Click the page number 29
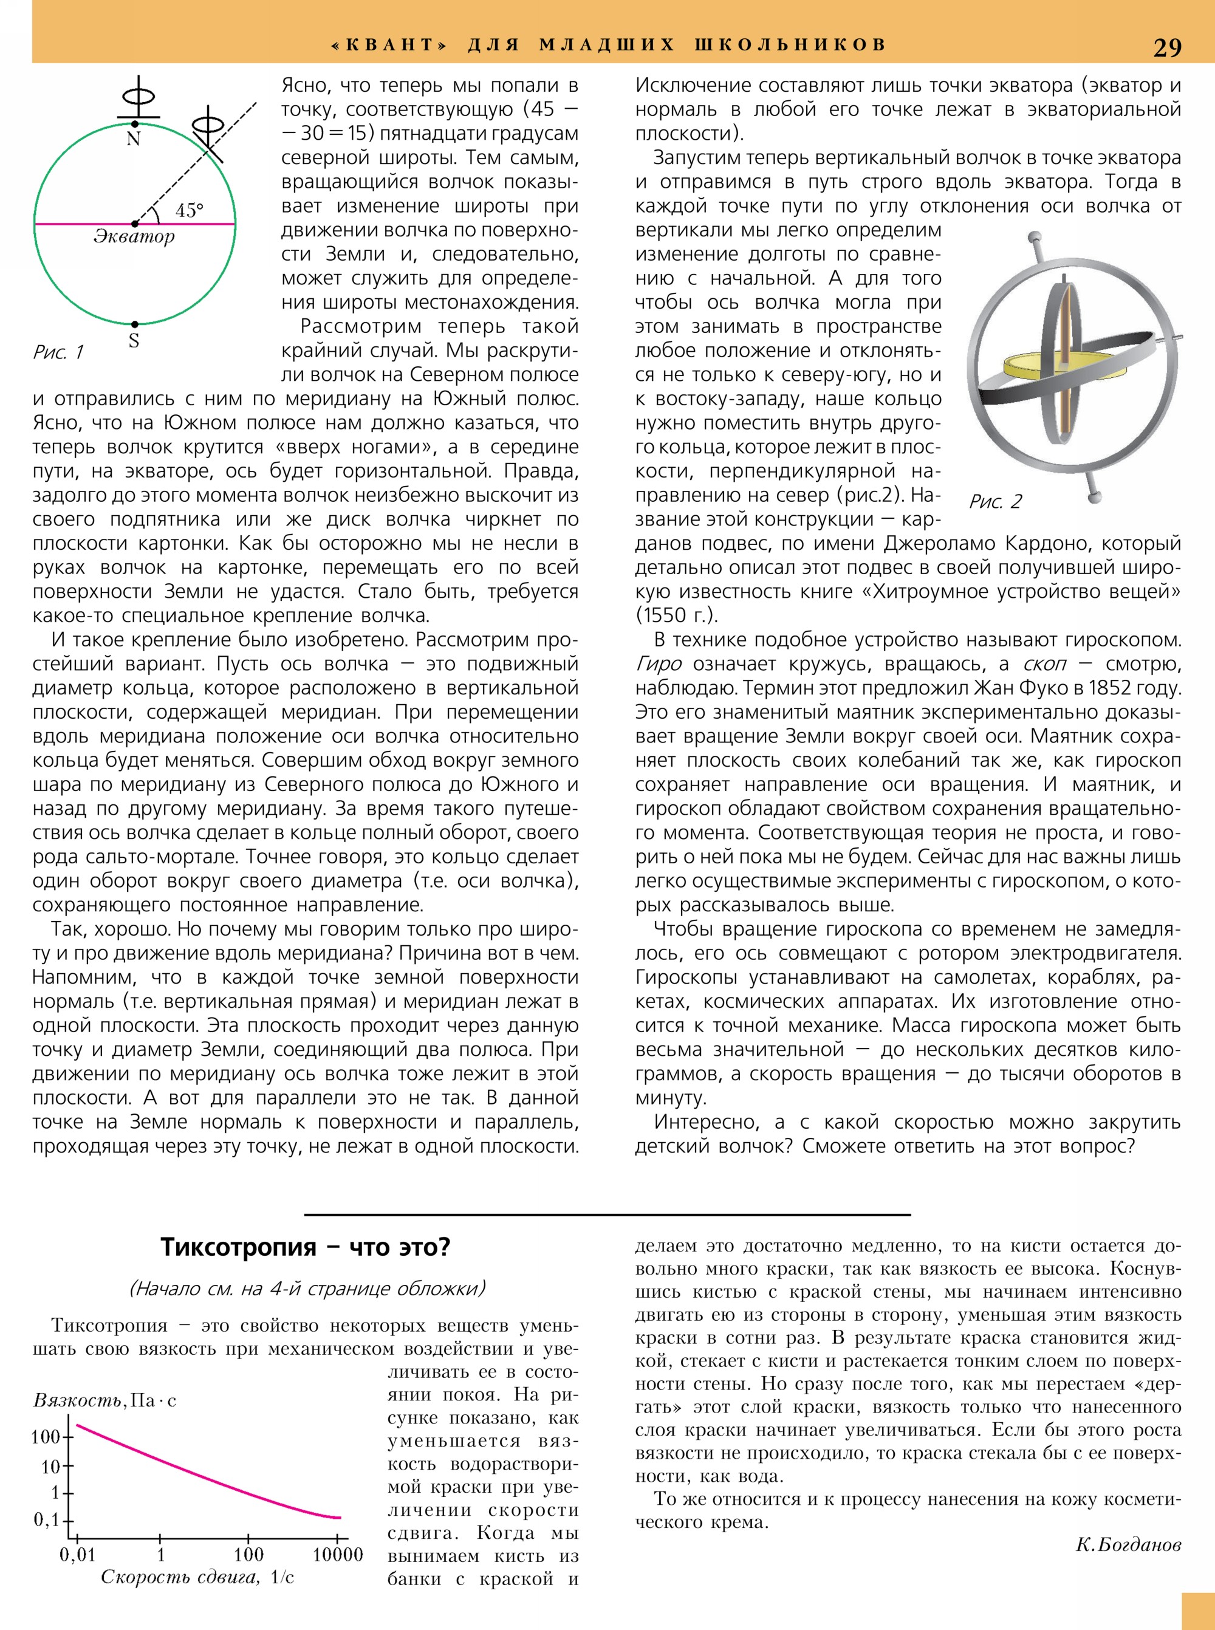pos(1166,47)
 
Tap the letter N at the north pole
pos(133,139)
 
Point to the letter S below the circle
pos(134,341)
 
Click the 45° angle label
pos(189,210)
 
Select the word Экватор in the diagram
pos(134,237)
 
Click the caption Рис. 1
pos(58,352)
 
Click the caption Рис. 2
pos(996,502)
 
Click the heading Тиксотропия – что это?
pos(305,1247)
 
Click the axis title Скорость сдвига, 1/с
pos(197,1577)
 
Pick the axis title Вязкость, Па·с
pos(104,1400)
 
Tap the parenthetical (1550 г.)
pos(677,615)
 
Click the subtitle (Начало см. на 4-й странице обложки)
pos(307,1289)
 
